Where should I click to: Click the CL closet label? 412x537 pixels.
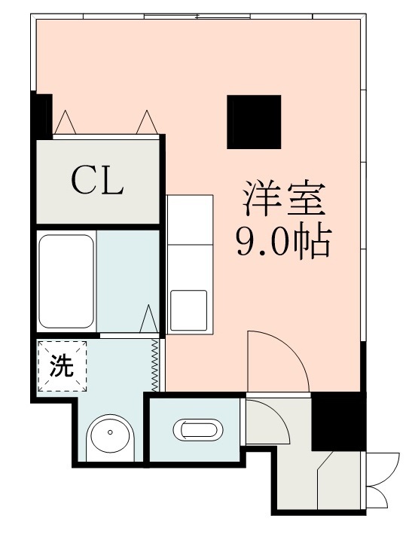click(x=97, y=180)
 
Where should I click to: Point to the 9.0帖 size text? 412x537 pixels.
click(x=282, y=243)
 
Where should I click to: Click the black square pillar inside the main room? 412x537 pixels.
click(x=255, y=121)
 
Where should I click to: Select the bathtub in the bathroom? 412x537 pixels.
click(x=66, y=281)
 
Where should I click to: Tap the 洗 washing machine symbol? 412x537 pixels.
click(x=63, y=366)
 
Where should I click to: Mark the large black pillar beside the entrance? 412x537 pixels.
click(x=337, y=422)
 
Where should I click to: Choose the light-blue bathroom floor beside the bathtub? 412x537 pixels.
click(x=127, y=279)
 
